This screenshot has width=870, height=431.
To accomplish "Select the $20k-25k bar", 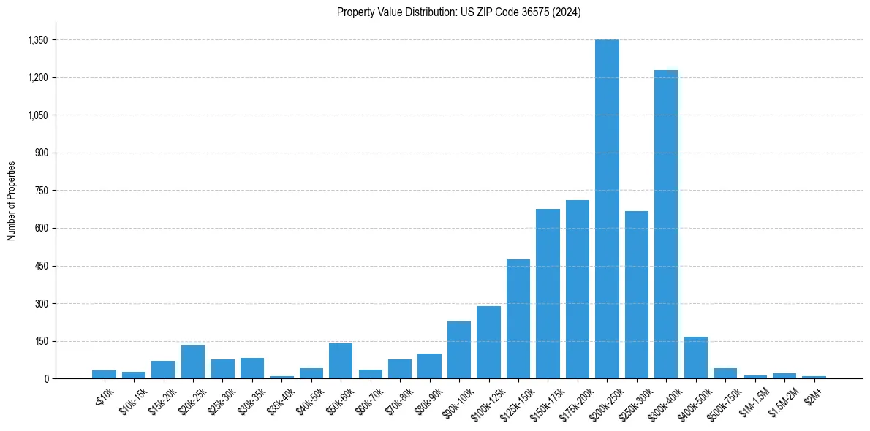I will tap(193, 362).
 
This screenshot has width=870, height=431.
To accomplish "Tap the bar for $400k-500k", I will tap(696, 358).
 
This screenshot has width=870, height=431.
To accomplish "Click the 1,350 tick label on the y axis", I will tap(36, 40).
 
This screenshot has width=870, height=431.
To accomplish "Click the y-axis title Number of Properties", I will tap(11, 201).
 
